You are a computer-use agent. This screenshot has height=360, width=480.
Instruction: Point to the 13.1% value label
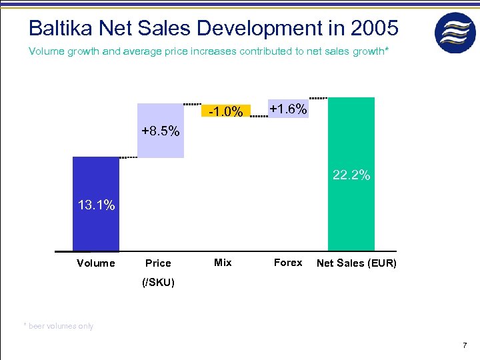click(x=96, y=205)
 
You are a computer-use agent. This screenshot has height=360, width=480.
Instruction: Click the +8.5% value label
click(x=160, y=131)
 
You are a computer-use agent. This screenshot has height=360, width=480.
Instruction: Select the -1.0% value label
click(x=225, y=111)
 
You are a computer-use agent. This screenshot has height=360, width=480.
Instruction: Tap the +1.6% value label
click(x=288, y=109)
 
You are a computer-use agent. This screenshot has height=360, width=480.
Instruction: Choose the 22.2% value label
click(x=351, y=176)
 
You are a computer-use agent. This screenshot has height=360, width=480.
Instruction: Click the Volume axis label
click(x=95, y=263)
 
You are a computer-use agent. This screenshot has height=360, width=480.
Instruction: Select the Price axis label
click(x=158, y=263)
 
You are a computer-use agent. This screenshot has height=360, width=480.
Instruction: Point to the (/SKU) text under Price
click(x=158, y=283)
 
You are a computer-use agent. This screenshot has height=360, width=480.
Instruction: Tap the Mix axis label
click(x=223, y=263)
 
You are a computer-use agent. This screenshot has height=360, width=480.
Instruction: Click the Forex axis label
click(x=288, y=263)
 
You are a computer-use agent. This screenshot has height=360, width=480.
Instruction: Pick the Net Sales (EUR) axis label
click(x=356, y=263)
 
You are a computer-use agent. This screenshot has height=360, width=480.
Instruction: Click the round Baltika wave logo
click(x=455, y=33)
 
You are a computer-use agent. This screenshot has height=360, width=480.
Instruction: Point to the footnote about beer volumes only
click(x=59, y=326)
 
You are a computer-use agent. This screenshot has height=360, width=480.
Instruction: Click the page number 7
click(x=464, y=345)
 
